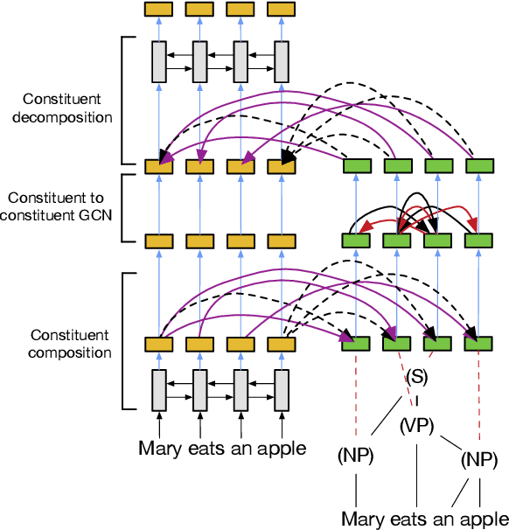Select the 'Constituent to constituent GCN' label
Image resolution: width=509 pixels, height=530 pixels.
point(61,207)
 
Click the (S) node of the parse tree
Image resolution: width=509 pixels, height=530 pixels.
point(417,379)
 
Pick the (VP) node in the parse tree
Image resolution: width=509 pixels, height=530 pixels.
point(418,426)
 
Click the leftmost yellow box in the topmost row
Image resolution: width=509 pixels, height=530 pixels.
point(158,9)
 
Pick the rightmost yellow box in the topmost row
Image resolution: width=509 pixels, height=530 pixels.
point(281,9)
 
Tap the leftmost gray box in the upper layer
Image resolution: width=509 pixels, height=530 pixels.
point(158,61)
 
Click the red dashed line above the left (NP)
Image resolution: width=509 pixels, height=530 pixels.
point(356,394)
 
